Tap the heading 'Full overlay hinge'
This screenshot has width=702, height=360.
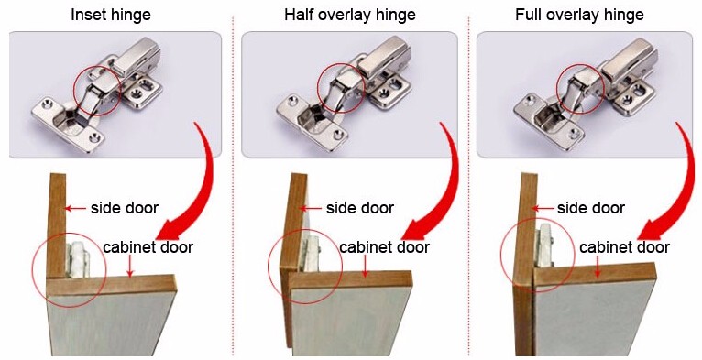579,16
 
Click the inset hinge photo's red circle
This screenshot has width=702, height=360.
96,91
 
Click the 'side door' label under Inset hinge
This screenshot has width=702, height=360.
124,208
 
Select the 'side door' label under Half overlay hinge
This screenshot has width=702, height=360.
360,208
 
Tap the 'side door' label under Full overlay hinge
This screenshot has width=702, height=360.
591,208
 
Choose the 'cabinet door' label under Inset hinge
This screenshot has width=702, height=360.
148,247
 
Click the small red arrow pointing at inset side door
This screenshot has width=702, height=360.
79,209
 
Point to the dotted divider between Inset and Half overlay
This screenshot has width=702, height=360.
233,183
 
